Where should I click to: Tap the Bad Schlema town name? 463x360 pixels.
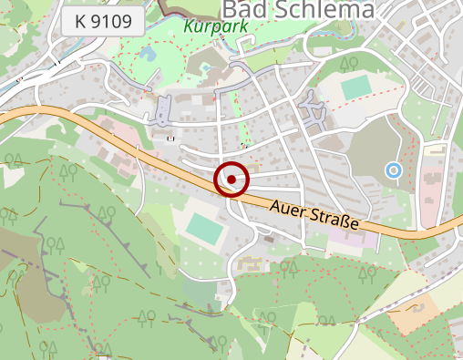[298, 10]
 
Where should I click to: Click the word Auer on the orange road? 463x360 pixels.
[290, 208]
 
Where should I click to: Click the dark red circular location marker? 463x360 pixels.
[231, 180]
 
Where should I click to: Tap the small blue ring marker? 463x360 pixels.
[393, 170]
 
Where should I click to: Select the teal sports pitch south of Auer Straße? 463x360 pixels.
[205, 228]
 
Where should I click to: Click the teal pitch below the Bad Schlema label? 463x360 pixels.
[356, 87]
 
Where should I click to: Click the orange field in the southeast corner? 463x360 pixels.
[413, 314]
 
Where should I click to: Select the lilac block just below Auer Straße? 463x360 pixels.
[349, 237]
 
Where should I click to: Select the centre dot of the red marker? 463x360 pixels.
[231, 180]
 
